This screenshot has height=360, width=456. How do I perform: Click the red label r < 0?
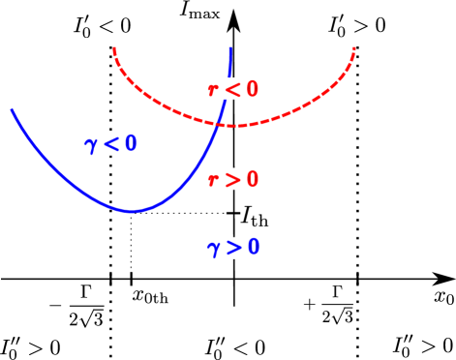(233, 89)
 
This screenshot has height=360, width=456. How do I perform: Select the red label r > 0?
(233, 179)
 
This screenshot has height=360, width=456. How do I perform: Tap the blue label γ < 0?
(110, 144)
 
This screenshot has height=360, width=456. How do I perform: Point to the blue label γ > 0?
(233, 248)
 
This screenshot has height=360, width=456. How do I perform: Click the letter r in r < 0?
(214, 90)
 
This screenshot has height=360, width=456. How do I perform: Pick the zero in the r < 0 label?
(252, 89)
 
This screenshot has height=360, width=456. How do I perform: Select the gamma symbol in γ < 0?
(91, 145)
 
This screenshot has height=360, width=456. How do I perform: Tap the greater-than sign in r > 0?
(232, 179)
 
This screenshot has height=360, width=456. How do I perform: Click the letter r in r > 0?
(214, 180)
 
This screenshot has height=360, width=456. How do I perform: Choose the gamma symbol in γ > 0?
(214, 249)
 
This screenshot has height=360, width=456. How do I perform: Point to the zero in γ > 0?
(253, 247)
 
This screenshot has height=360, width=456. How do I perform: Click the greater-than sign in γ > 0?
(233, 248)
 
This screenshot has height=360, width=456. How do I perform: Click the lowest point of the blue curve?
(131, 211)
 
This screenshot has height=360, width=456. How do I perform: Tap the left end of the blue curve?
(12, 109)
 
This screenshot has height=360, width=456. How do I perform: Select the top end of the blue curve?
(229, 47)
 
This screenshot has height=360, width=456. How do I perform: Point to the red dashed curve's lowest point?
(233, 126)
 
